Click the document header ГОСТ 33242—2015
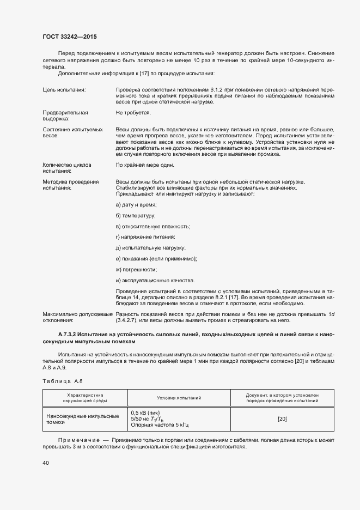click(70, 37)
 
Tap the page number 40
click(46, 463)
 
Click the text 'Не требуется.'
click(133, 112)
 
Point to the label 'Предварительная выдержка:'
click(65, 115)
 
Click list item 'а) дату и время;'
click(136, 204)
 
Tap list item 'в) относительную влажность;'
click(153, 226)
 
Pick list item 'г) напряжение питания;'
click(145, 237)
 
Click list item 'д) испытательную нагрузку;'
click(151, 248)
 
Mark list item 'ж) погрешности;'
click(137, 270)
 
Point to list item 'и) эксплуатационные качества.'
click(155, 281)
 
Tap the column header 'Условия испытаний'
click(179, 398)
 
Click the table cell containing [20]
click(282, 418)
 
